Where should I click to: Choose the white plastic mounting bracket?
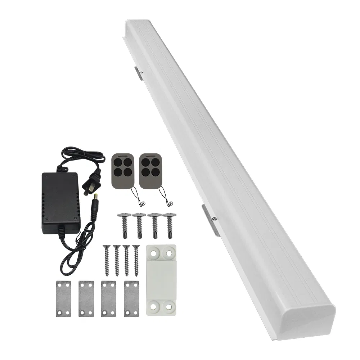click(x=161, y=280)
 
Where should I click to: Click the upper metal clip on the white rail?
click(x=139, y=72)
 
